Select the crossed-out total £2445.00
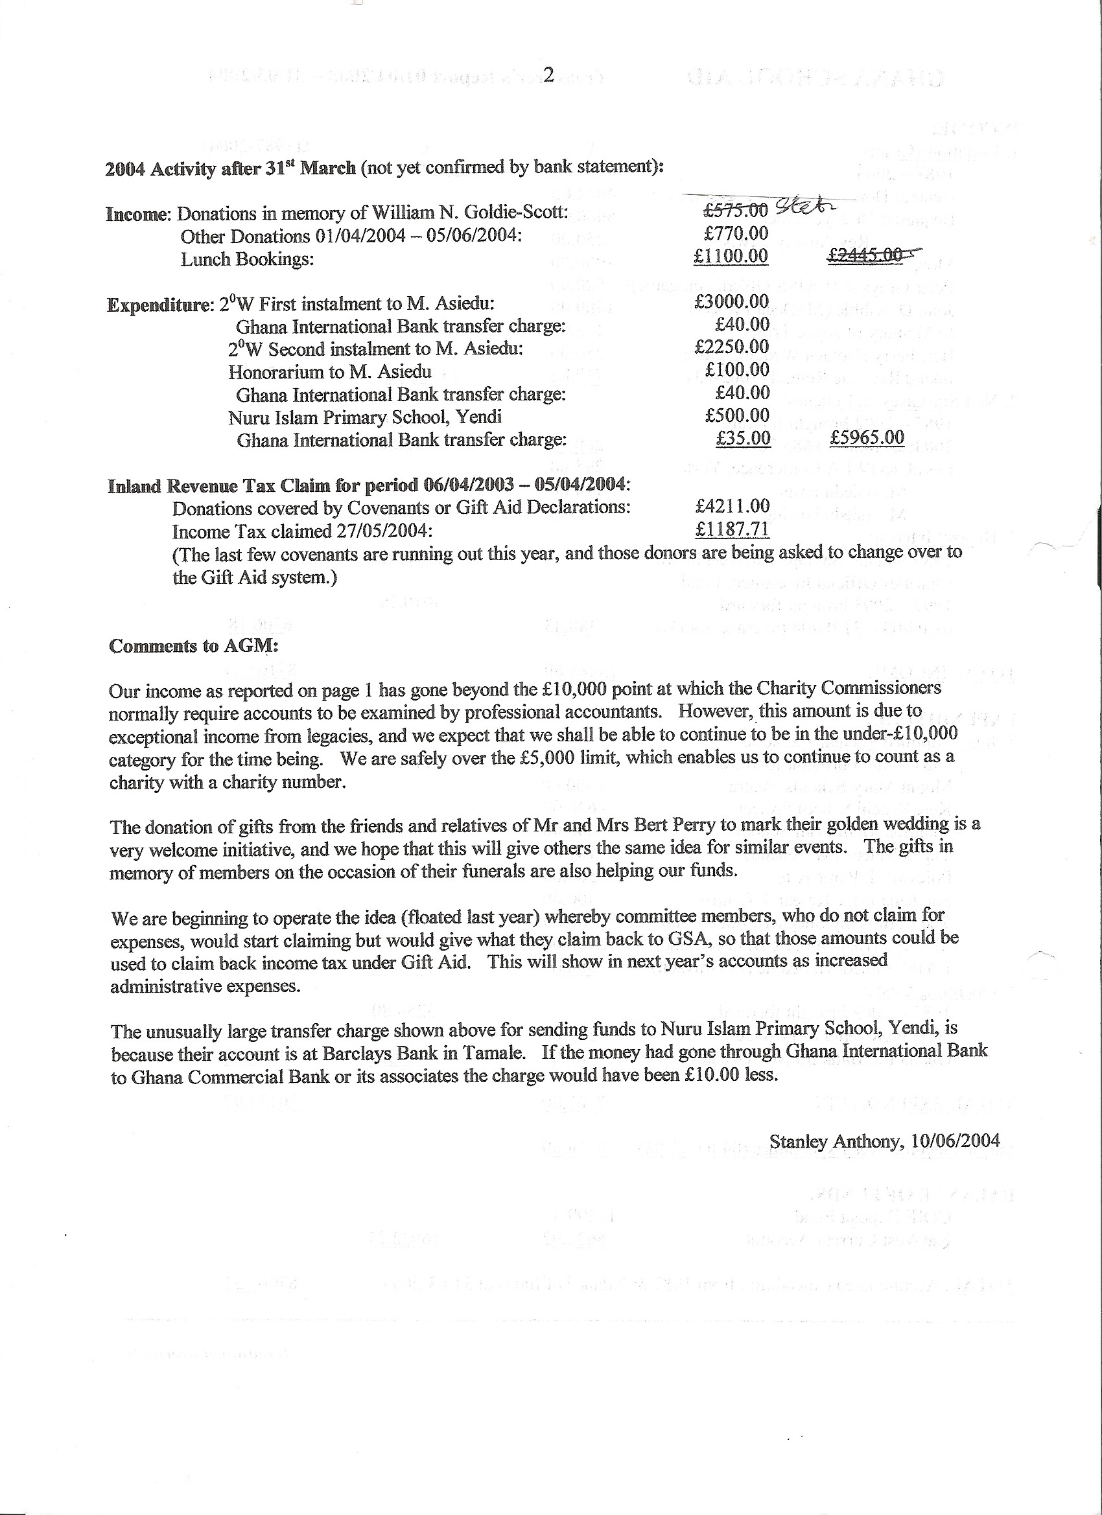(868, 255)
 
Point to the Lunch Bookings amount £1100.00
(731, 257)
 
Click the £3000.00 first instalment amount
(732, 302)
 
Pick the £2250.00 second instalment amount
(732, 347)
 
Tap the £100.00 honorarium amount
(736, 370)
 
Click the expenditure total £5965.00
(867, 438)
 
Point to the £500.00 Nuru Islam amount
(736, 415)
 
